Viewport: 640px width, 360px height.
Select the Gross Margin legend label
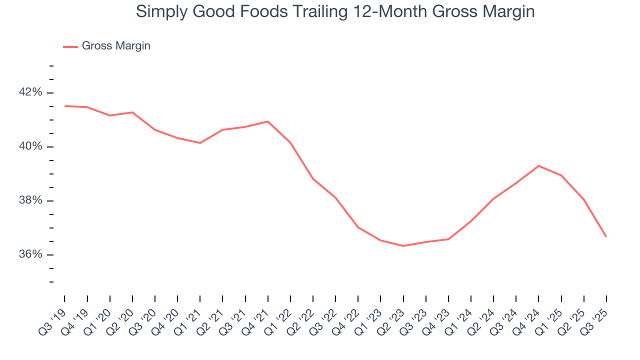[x=116, y=46]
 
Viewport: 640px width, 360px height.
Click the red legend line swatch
[x=70, y=46]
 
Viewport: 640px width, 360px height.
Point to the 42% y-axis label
[x=30, y=92]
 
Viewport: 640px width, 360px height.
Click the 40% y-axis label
[x=30, y=146]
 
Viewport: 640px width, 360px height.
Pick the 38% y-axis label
[x=30, y=200]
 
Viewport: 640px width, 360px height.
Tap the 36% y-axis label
[x=30, y=254]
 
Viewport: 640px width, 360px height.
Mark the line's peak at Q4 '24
[x=538, y=165]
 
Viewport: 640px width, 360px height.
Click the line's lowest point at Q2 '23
[x=403, y=245]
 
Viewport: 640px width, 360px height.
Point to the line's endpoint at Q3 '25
[x=606, y=236]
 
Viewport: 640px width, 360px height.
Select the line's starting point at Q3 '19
[x=65, y=106]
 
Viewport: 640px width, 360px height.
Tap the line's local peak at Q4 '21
[x=268, y=121]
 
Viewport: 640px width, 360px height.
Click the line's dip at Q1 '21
[x=200, y=143]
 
